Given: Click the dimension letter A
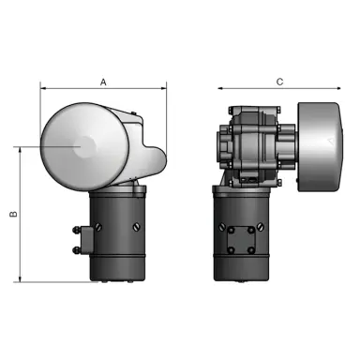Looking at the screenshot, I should point(102,82).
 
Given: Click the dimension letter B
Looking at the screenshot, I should point(13,214).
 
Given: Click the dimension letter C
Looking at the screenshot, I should point(279,82).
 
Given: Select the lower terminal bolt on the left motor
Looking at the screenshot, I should point(73,247).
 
